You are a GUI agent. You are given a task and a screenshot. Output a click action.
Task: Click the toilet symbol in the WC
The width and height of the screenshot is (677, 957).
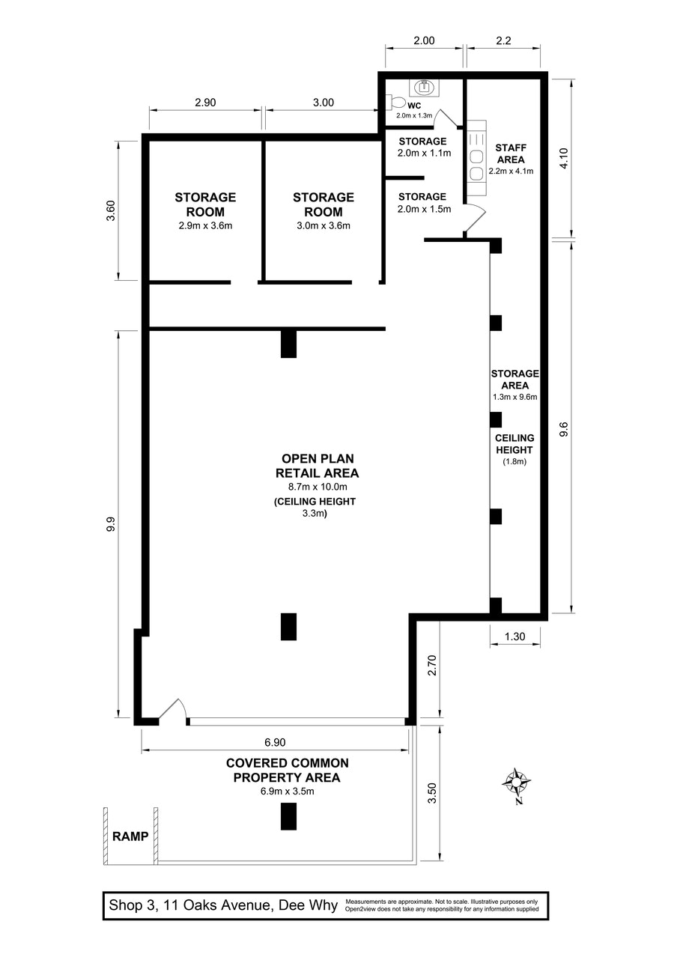pyautogui.click(x=397, y=103)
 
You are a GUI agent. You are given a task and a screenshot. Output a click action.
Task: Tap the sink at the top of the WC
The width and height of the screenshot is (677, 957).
pyautogui.click(x=426, y=86)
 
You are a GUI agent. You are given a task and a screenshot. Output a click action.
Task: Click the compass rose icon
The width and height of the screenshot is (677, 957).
pyautogui.click(x=517, y=783)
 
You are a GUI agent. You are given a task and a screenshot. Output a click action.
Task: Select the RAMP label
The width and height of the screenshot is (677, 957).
pyautogui.click(x=130, y=836)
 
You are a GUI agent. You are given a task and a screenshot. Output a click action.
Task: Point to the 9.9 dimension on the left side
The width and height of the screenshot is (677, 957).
pyautogui.click(x=111, y=527)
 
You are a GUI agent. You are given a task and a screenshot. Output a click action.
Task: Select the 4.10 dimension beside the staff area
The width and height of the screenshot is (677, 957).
pyautogui.click(x=565, y=159)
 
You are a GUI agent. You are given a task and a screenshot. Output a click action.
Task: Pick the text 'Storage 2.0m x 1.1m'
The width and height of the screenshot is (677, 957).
pyautogui.click(x=422, y=147)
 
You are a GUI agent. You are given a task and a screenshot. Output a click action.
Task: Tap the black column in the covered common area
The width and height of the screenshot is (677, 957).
pyautogui.click(x=288, y=815)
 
